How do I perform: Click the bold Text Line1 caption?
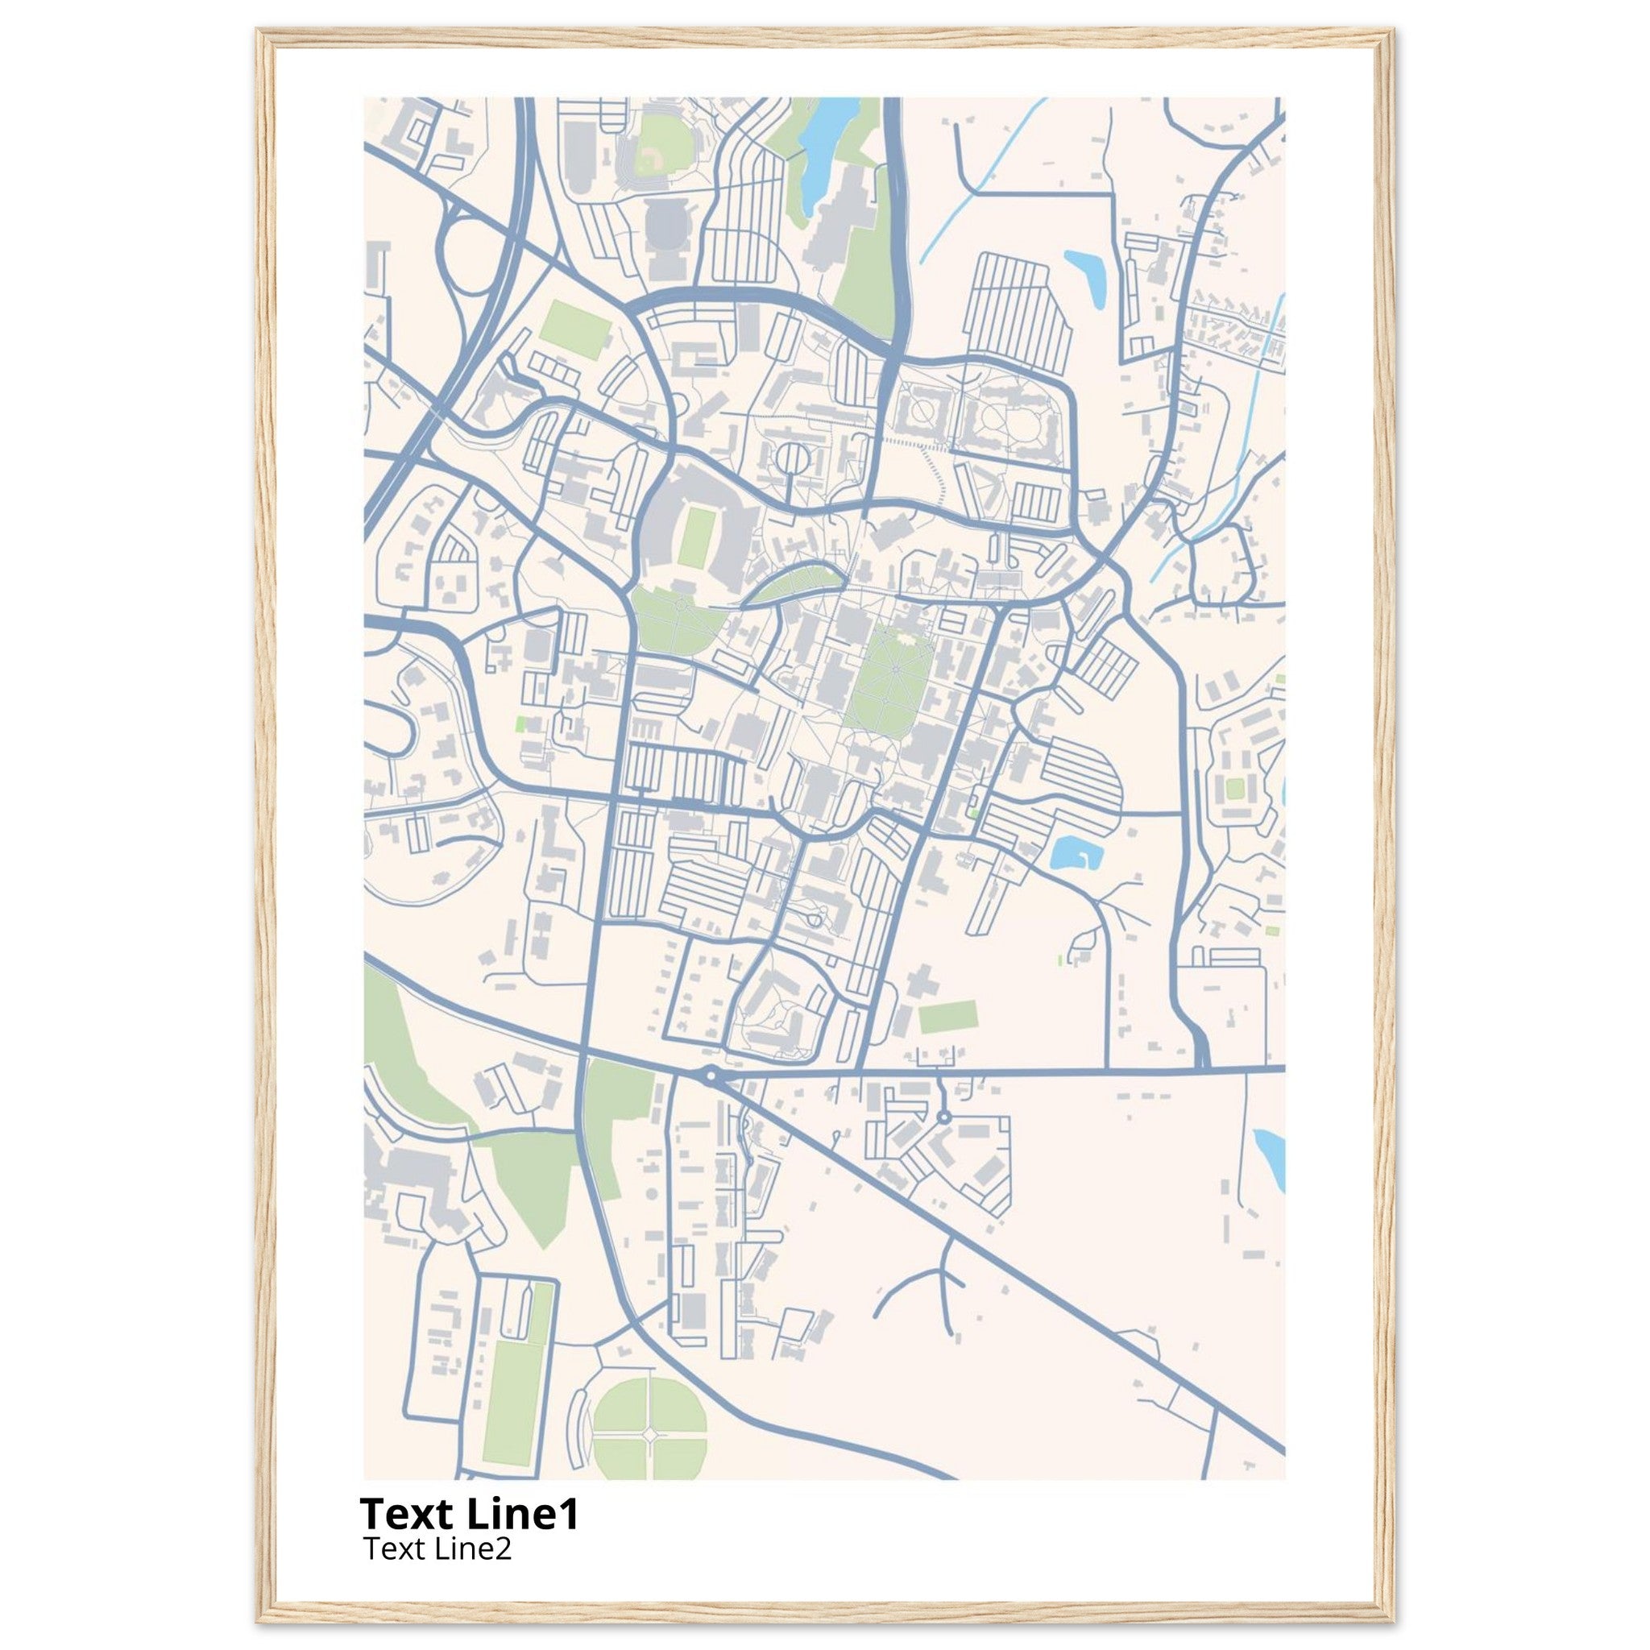click(x=469, y=1514)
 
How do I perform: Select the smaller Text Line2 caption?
click(x=437, y=1548)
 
